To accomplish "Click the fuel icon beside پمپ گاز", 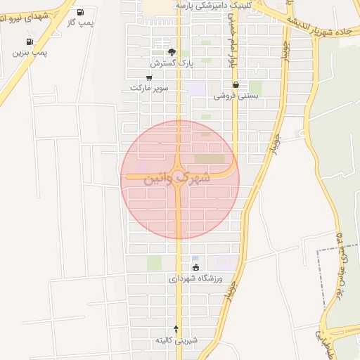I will (79, 12).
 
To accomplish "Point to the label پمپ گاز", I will (81, 22).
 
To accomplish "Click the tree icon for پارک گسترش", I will (172, 52).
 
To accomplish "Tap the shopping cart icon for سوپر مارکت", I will (149, 78).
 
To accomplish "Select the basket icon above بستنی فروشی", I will (236, 85).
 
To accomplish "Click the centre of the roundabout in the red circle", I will (179, 174).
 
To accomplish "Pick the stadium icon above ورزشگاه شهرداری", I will (195, 268).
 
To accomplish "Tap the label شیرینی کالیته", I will (176, 340).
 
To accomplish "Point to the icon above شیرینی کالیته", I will (176, 329).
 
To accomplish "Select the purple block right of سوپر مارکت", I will (198, 89).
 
